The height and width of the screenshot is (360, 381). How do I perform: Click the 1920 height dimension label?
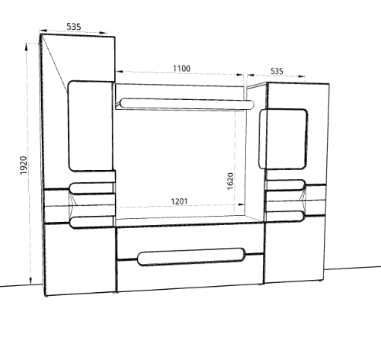point(24,166)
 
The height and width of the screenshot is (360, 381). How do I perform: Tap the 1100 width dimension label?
point(181,69)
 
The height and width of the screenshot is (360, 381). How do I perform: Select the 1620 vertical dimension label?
point(230,181)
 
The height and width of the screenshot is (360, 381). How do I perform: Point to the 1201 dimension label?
point(179,201)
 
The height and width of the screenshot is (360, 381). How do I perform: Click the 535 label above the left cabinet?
point(74,27)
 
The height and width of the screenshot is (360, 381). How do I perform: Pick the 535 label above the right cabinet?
point(277,71)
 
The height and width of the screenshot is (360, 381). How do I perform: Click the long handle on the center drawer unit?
point(191,257)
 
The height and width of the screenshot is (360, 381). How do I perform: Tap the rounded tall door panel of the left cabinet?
point(91,126)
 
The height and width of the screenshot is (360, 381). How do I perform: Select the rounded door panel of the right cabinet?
point(283,139)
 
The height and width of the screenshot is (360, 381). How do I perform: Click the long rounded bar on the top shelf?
point(187,104)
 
